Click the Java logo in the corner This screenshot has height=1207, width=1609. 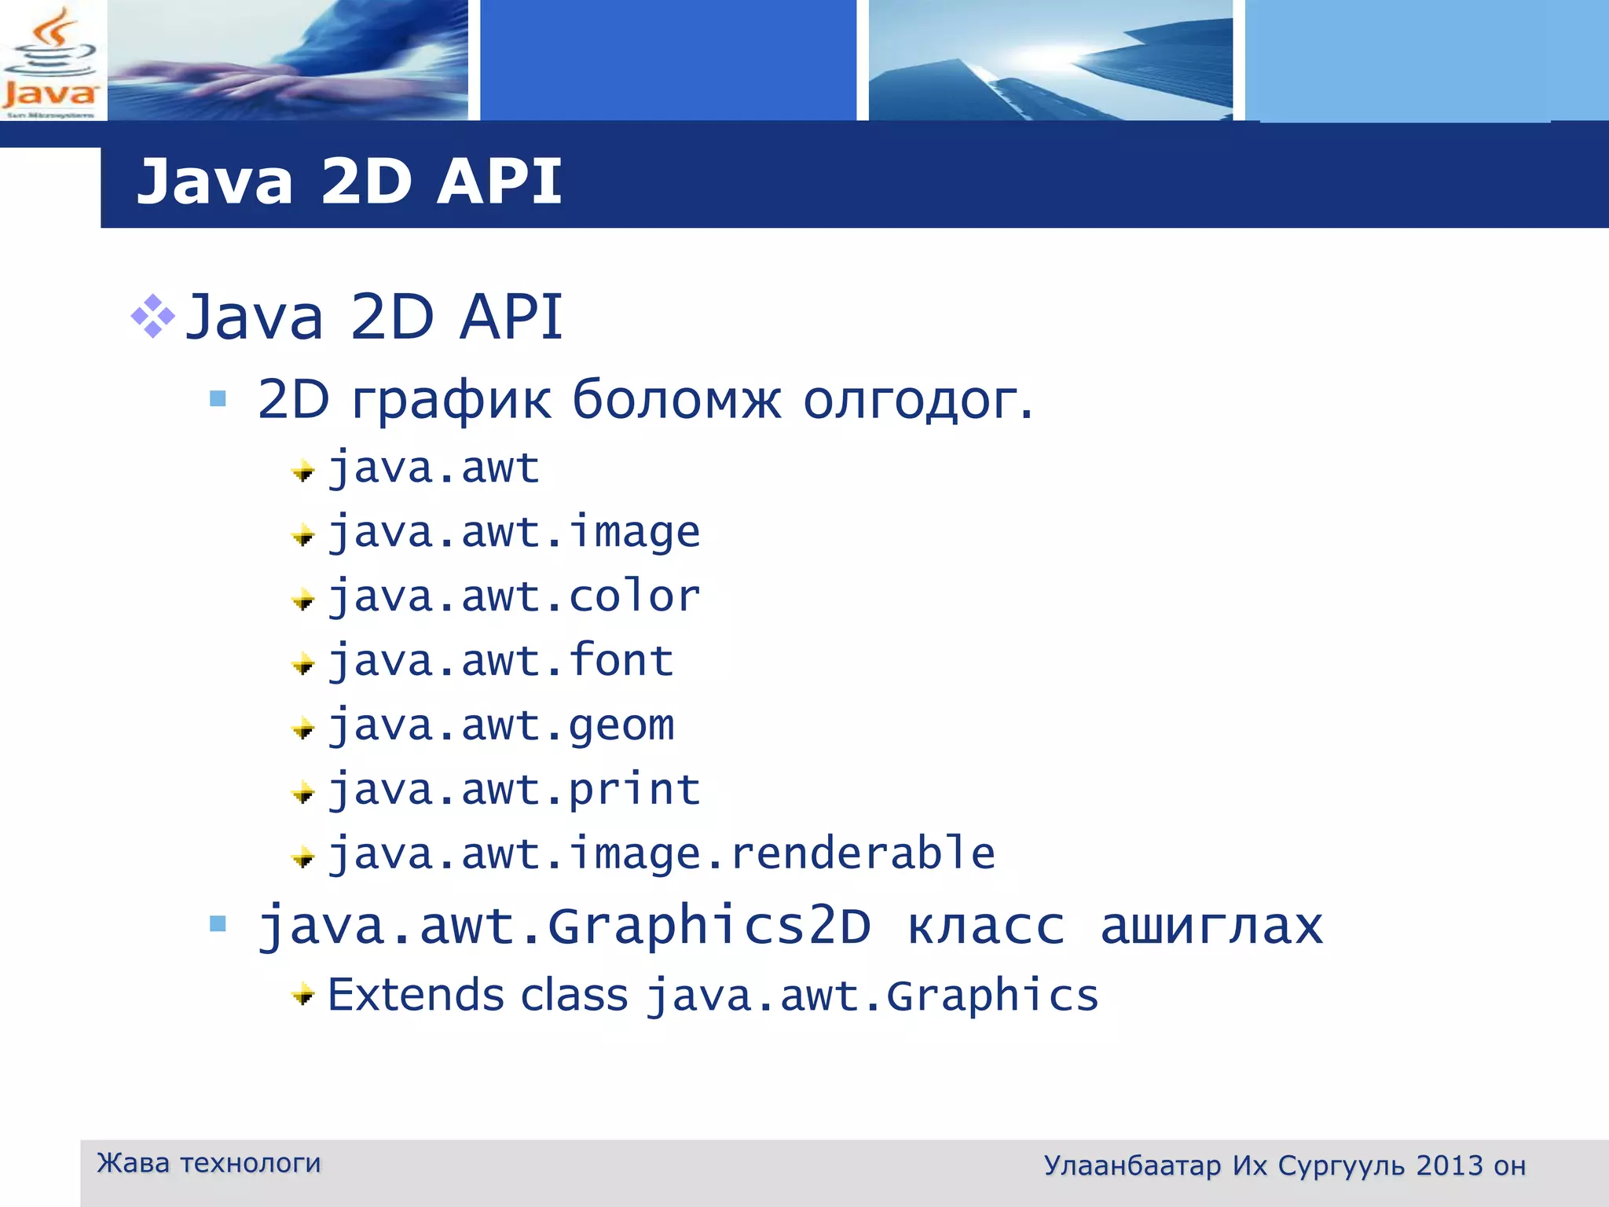coord(49,61)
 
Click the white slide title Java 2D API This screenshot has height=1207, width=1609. coord(349,182)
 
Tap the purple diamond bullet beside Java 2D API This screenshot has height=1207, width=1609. coord(152,317)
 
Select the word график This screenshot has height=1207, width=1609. coord(451,400)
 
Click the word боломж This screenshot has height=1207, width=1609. coord(676,400)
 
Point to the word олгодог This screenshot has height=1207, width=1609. coord(916,400)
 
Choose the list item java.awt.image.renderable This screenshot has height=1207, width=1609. coord(661,854)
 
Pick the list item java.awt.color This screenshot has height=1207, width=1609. coord(513,596)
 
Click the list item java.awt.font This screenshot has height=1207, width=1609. coord(500,661)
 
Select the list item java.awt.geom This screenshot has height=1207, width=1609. coord(500,725)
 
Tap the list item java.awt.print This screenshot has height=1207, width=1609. coord(513,790)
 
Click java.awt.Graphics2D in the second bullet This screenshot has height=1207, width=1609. coord(564,926)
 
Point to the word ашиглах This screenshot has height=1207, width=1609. coord(1211,926)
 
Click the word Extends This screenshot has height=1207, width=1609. coord(415,996)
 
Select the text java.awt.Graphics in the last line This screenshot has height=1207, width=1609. coord(872,996)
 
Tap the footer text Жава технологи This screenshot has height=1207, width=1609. coord(208,1163)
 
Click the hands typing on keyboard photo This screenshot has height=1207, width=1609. coord(288,61)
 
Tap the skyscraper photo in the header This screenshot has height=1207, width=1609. coord(1050,61)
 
